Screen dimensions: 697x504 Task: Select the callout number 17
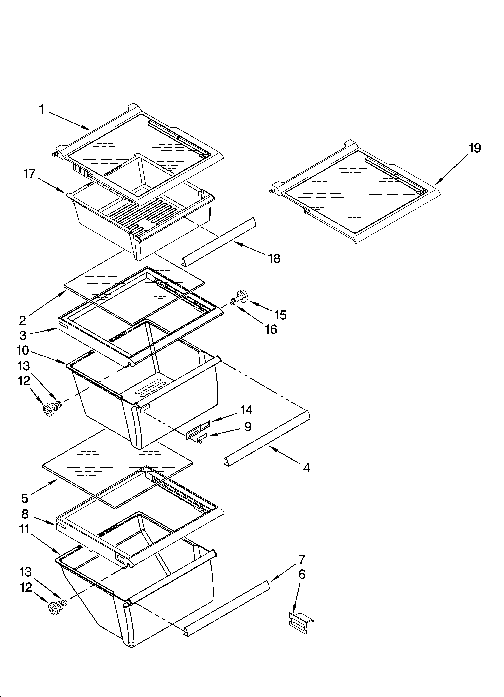click(30, 174)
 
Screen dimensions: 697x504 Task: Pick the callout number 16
click(271, 329)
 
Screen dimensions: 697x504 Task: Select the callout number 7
click(302, 559)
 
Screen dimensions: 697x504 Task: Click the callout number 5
click(25, 498)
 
